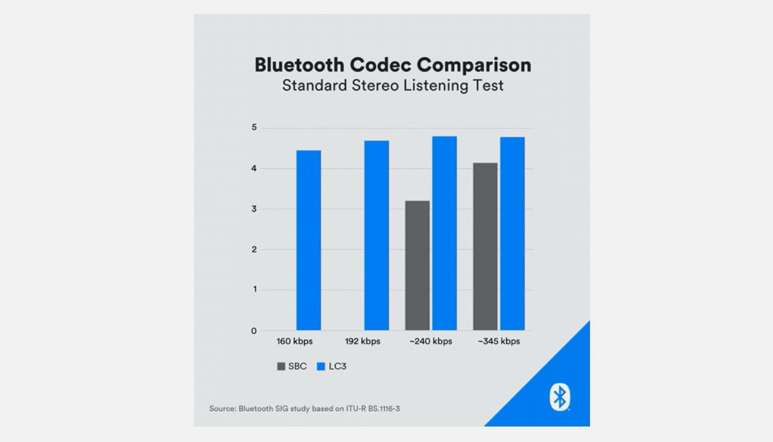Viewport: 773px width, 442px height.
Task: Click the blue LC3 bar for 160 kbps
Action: tap(308, 240)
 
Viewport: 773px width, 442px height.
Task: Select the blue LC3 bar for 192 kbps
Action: tap(376, 236)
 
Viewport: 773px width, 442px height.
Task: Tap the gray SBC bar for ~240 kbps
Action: tap(417, 266)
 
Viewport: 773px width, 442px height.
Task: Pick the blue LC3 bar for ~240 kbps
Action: tap(444, 233)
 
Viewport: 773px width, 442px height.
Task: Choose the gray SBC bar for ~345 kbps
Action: tap(485, 247)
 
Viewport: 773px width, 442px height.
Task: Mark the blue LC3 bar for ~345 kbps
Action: tap(512, 234)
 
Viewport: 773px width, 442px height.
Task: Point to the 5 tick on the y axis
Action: tap(254, 127)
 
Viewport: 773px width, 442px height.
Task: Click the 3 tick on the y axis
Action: tap(254, 209)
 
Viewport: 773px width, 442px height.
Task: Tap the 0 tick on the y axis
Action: tap(254, 331)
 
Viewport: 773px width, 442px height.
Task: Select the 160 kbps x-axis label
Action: tap(294, 341)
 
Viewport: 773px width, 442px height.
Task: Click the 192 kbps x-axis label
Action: tap(362, 341)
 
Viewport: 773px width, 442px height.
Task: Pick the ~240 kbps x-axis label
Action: tap(430, 341)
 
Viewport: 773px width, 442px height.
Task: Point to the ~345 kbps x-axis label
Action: tap(498, 341)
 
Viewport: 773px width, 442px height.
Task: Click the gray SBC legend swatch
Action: tap(281, 366)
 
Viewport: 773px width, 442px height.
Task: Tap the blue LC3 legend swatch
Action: tap(321, 366)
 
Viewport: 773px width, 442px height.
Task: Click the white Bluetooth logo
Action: tap(559, 397)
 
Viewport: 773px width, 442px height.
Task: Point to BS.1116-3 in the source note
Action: tap(384, 408)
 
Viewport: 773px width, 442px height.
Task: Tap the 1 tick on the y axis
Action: tap(255, 289)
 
